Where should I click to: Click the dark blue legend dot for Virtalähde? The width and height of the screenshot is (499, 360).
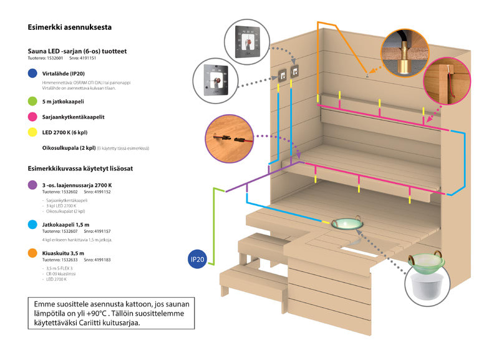point(32,74)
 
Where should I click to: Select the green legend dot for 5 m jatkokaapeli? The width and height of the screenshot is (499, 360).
point(32,100)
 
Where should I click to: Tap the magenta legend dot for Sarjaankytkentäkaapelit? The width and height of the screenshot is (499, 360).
point(32,116)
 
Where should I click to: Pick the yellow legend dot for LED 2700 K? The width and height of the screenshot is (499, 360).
point(32,132)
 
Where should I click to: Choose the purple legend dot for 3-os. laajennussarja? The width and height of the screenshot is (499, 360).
point(32,185)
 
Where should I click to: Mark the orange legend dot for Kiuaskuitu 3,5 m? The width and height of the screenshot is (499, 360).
point(32,253)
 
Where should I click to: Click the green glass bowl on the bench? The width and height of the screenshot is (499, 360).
point(349,223)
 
